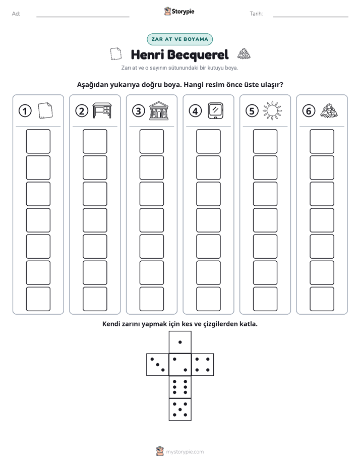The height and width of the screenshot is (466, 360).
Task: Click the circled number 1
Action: pos(25,111)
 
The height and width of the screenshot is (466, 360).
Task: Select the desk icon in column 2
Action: pos(102,110)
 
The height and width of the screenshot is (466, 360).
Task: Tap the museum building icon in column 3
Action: pos(159,110)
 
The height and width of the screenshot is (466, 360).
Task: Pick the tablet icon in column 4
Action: pos(215,110)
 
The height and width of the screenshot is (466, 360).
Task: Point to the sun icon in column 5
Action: pos(272,110)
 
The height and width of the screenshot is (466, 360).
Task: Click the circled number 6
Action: pos(309,111)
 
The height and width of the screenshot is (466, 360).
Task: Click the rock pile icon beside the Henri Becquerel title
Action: pos(244,54)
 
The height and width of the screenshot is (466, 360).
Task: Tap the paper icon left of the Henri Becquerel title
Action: pos(116,54)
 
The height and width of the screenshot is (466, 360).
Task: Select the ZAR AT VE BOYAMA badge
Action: pos(179,39)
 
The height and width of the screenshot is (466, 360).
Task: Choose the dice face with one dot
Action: pos(180,342)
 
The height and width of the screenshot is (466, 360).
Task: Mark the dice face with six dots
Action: pos(180,387)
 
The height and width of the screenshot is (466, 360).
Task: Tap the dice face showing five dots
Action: pos(180,410)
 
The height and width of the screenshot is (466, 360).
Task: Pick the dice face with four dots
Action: pos(203,365)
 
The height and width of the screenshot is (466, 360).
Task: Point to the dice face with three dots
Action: pos(158,365)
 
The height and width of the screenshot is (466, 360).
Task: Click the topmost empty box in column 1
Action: pos(38,141)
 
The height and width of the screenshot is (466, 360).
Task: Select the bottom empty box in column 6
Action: pos(322,299)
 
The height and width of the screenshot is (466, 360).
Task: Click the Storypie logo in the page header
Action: pos(179,11)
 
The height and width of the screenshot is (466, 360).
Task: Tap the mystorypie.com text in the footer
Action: pos(185,452)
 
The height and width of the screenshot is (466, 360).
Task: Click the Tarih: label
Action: pos(256,14)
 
